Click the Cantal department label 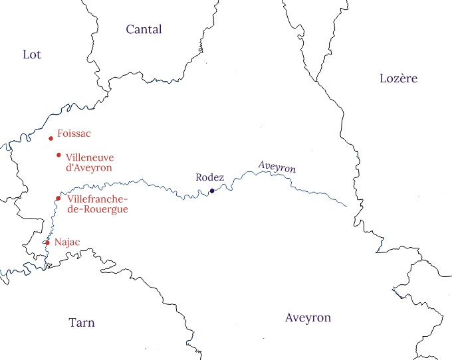144,29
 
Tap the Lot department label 31,54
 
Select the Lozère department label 398,78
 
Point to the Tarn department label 82,323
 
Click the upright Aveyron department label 308,317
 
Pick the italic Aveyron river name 276,167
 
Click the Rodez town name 210,177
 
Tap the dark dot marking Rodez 212,191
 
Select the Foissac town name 74,134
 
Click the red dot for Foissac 51,139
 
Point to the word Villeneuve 90,157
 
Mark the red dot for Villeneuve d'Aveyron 58,155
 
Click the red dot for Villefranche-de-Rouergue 58,198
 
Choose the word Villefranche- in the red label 97,199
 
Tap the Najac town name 66,242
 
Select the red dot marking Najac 47,242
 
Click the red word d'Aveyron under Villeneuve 88,168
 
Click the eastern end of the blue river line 347,206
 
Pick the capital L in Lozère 383,78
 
